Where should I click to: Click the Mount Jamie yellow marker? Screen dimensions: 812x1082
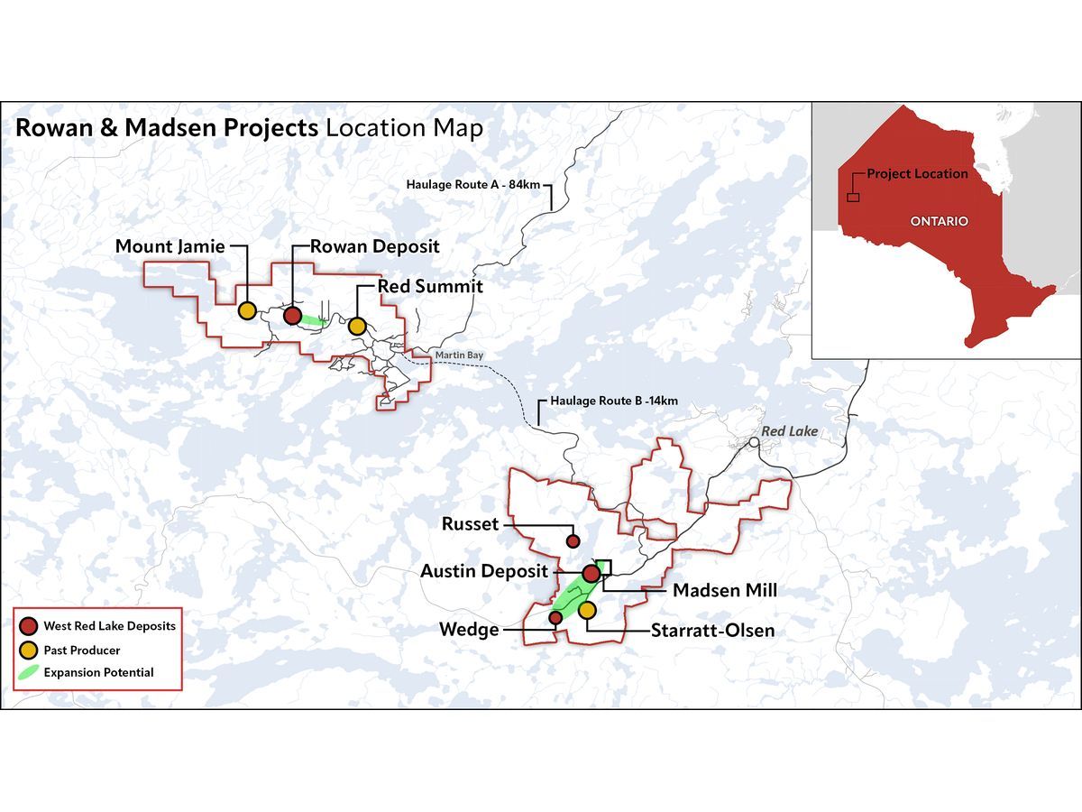click(x=246, y=310)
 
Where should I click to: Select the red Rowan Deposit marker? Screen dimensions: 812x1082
click(x=292, y=315)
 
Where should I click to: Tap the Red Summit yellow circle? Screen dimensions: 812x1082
click(x=357, y=326)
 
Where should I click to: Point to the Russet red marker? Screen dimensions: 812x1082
click(x=572, y=541)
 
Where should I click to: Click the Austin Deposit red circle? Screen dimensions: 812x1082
click(x=591, y=573)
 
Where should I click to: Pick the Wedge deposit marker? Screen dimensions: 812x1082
click(x=555, y=617)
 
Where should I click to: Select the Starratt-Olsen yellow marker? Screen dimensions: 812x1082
click(x=587, y=611)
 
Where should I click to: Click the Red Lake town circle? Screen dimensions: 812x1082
click(x=753, y=442)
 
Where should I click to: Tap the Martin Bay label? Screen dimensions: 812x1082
click(x=459, y=355)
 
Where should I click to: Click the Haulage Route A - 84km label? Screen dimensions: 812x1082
click(x=472, y=185)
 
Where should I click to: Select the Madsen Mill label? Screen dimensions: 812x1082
click(x=725, y=590)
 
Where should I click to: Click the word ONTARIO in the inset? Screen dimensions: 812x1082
click(x=939, y=221)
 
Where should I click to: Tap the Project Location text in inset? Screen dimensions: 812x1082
click(x=917, y=173)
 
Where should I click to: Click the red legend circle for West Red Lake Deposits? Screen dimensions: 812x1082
click(x=30, y=625)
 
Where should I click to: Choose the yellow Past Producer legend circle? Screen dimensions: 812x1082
click(x=30, y=650)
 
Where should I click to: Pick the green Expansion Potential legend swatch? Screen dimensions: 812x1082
click(x=30, y=672)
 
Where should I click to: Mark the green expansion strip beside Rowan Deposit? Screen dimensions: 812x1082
click(x=312, y=319)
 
